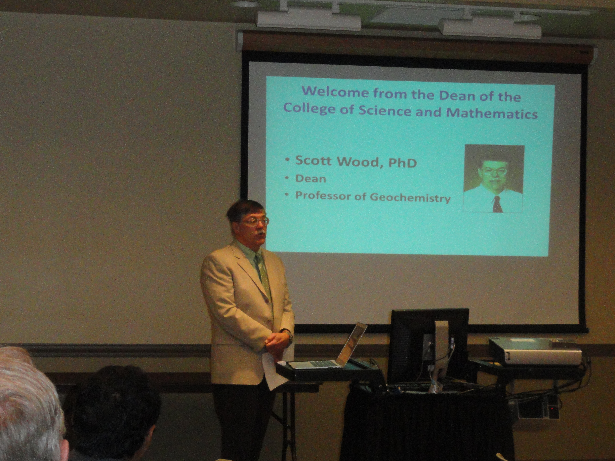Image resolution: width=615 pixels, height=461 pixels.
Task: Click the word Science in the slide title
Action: pyautogui.click(x=389, y=111)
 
